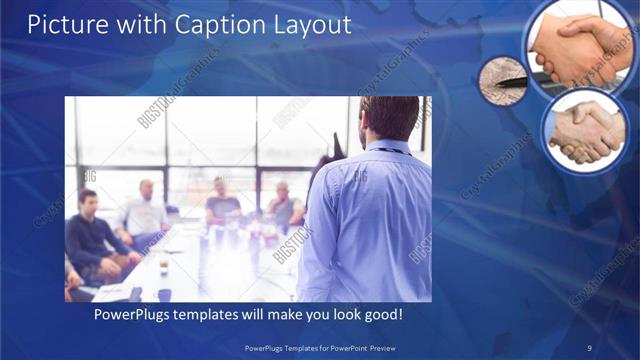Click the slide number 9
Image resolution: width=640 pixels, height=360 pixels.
(590, 347)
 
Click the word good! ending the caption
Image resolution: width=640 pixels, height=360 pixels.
(384, 315)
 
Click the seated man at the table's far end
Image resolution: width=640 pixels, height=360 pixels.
(222, 203)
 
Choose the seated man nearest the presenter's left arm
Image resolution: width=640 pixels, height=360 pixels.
(284, 207)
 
